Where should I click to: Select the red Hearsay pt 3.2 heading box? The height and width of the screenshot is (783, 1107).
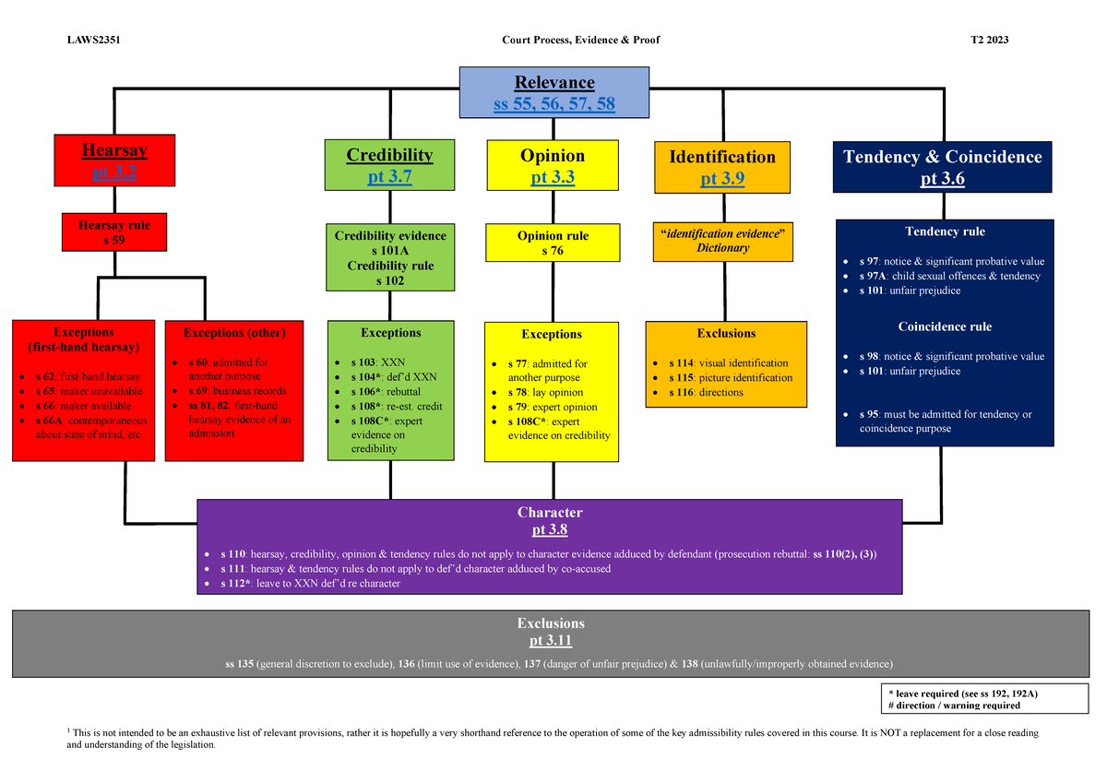(114, 160)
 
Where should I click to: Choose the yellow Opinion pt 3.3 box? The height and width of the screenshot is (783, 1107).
(552, 166)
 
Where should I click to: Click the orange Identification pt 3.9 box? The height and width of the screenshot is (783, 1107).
(722, 167)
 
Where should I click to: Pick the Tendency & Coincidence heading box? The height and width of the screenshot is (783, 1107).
(942, 167)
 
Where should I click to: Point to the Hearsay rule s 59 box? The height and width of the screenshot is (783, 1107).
(114, 232)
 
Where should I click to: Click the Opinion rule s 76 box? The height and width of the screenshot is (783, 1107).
(552, 243)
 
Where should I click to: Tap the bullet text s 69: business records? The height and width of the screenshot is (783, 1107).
(237, 391)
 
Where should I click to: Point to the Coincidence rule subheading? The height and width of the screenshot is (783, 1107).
(944, 326)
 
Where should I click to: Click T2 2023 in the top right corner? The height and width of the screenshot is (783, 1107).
(989, 39)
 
